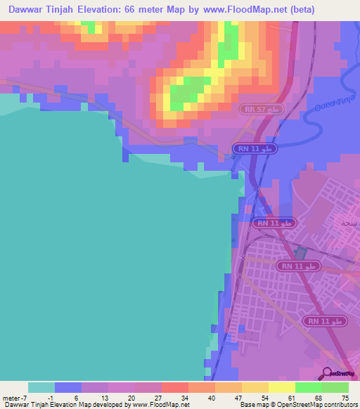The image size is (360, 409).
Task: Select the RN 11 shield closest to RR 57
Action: [x=255, y=149]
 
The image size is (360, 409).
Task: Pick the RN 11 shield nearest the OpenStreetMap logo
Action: [x=324, y=320]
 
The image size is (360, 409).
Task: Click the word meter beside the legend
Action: [x=11, y=398]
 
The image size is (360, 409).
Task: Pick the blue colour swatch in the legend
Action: [x=67, y=387]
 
